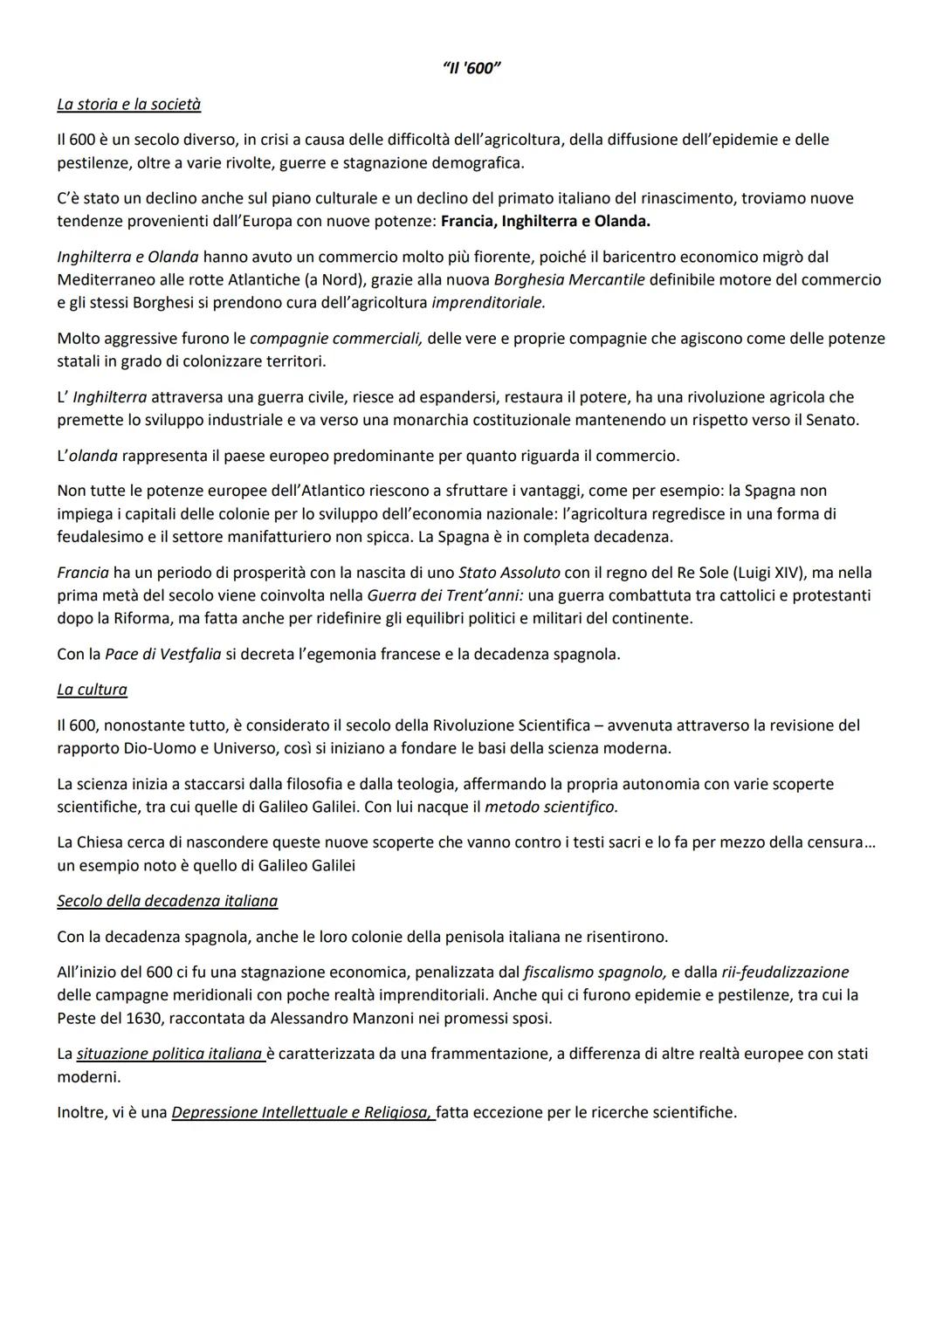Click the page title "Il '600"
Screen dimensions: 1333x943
click(x=471, y=69)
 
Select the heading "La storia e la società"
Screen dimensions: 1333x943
click(x=128, y=104)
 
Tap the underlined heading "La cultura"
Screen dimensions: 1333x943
click(x=92, y=690)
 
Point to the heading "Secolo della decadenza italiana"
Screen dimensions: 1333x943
click(x=167, y=901)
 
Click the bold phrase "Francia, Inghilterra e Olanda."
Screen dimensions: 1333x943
click(x=546, y=221)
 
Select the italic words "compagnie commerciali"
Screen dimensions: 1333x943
click(x=336, y=338)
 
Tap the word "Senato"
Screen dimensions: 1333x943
click(x=833, y=420)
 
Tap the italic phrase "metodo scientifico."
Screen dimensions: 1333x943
click(x=551, y=807)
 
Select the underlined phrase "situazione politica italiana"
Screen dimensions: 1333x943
click(x=169, y=1054)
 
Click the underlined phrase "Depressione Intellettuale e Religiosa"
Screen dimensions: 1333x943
click(x=302, y=1112)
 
